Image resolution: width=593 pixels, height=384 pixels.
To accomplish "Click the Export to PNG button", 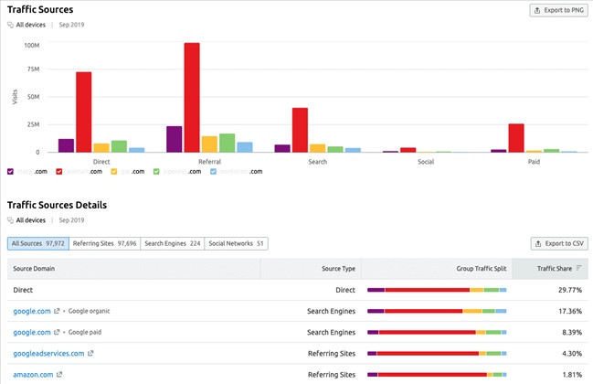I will coord(557,10).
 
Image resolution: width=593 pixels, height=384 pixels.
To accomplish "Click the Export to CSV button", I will coord(558,243).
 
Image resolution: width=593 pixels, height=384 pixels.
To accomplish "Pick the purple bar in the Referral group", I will coord(174,139).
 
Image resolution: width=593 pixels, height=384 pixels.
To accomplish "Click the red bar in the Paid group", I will coord(516,138).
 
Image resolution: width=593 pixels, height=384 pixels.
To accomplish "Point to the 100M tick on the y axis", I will coord(31,46).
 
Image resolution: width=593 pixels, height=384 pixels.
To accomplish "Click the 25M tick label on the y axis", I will coord(33,125).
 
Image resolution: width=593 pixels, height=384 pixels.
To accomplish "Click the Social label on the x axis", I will coord(425,161).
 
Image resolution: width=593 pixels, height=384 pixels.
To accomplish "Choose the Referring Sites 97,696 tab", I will coord(105,243).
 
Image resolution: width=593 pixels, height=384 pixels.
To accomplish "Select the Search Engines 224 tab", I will coord(172,243).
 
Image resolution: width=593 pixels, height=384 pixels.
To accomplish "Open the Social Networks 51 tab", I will coord(236,243).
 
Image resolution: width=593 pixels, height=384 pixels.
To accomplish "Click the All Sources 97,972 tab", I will coord(37,243).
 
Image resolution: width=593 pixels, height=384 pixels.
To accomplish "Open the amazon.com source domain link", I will coord(33,374).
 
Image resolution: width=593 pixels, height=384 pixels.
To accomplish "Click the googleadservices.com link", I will coord(48,353).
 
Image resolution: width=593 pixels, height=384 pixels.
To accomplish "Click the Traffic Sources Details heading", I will coord(57,205).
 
